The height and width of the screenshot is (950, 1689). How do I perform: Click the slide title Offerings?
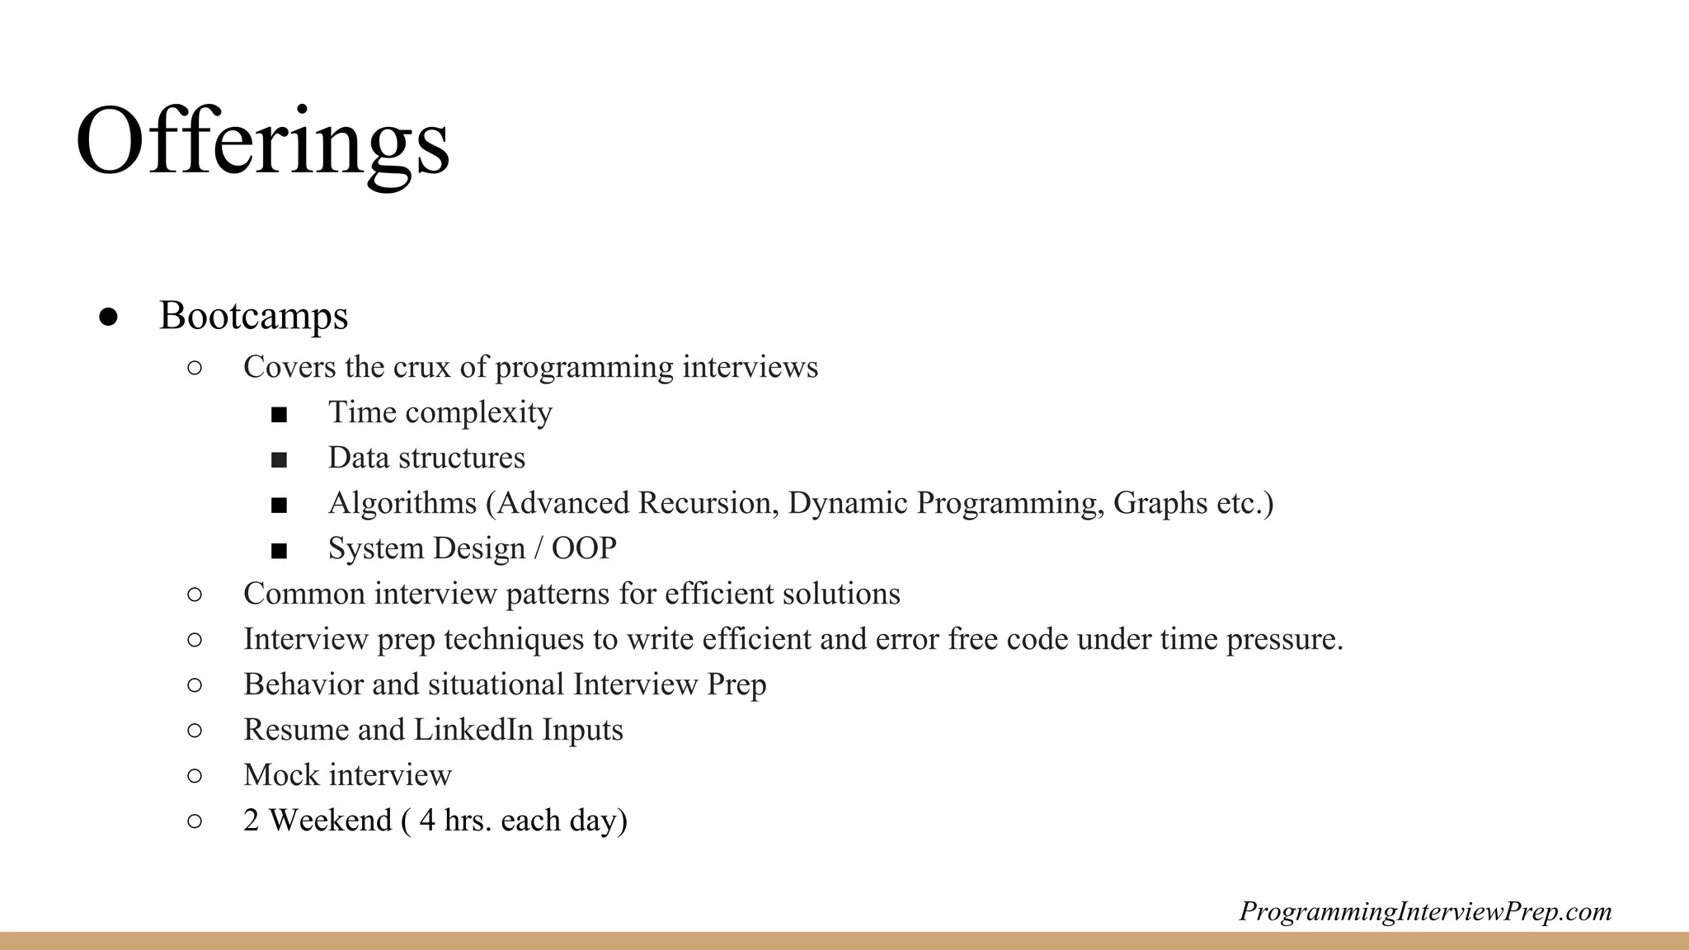point(262,142)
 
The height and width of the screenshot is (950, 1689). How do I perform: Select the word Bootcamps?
point(253,316)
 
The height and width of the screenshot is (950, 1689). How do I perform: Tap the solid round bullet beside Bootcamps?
point(109,317)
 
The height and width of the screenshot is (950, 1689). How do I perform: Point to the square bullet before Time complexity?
point(279,414)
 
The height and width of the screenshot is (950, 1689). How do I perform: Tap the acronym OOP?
point(584,548)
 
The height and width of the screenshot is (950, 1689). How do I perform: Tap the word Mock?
point(280,775)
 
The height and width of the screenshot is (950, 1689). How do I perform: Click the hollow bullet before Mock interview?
point(195,775)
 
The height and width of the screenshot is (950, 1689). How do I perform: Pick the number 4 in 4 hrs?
point(426,821)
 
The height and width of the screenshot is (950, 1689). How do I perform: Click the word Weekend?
point(330,821)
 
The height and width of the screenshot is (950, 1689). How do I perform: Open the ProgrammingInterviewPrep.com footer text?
point(1425,911)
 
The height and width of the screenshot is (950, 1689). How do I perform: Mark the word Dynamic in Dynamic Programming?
point(848,503)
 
